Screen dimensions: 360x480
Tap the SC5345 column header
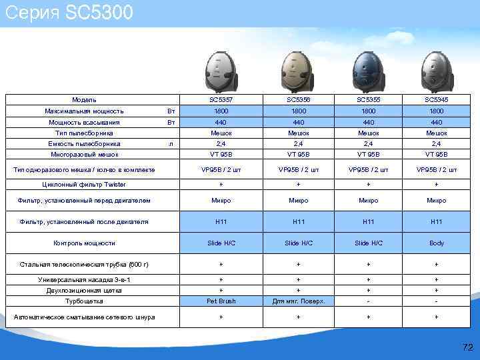[437, 99]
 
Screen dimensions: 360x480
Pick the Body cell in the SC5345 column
[437, 243]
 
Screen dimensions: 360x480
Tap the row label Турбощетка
[84, 301]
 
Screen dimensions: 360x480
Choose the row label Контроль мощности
[84, 243]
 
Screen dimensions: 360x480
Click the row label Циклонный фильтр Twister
[84, 184]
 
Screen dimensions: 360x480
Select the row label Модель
[84, 99]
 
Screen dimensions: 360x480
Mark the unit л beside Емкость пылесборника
[171, 143]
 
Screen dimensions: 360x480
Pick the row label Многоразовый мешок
[84, 154]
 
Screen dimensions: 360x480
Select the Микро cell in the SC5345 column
[437, 200]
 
